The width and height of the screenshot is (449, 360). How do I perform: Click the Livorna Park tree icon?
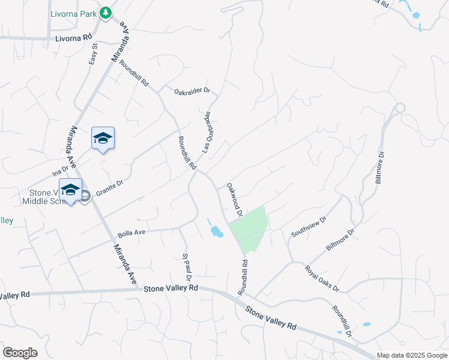coord(106,13)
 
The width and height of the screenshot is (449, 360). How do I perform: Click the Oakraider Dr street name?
coord(192,91)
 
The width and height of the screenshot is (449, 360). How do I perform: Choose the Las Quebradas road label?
coord(206,131)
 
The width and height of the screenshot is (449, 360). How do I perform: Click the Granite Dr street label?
coord(109,187)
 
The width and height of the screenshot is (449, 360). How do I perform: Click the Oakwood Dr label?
coord(234,200)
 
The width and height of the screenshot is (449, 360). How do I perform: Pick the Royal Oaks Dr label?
coord(322,279)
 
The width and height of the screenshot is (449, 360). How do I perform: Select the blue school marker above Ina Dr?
coord(103,139)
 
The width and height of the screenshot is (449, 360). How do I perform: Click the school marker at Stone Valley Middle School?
coord(70,190)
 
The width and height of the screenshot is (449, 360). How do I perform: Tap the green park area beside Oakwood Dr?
coord(249,228)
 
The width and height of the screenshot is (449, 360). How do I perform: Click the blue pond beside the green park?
coord(215,231)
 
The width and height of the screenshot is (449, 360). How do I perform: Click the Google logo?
coord(20,353)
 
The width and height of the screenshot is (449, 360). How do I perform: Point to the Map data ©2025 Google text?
coord(412,355)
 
